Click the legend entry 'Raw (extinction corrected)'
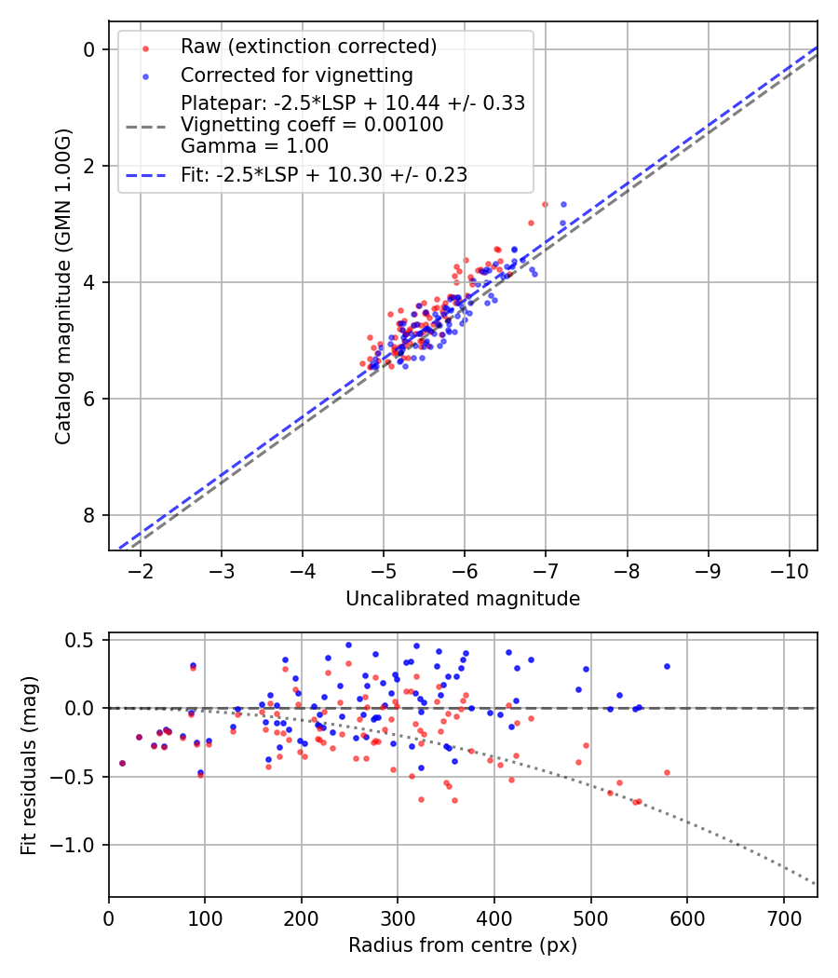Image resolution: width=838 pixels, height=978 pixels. coord(308,46)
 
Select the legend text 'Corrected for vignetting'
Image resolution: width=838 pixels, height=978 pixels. coord(296,75)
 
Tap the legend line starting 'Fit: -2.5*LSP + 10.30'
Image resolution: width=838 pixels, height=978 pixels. coord(324,174)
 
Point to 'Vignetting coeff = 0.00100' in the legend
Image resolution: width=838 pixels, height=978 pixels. coord(312,125)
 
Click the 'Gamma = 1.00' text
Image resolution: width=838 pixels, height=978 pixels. coord(254,145)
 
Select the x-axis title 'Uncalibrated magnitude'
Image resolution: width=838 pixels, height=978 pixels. coord(463,599)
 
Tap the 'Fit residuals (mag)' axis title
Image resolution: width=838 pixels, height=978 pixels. coord(29,765)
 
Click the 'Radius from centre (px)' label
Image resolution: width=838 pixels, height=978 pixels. coord(463,945)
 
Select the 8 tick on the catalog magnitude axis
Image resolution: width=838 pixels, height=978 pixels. coord(89,515)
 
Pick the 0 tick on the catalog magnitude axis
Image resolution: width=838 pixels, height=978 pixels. coord(89,49)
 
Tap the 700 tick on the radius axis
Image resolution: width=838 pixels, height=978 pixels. coord(783,917)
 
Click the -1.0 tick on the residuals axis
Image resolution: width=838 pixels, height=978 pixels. coord(80,845)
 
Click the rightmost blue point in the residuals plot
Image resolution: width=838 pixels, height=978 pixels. coord(667,666)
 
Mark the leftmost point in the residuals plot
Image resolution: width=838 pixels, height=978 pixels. coord(122,763)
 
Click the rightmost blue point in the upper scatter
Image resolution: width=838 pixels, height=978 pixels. coord(562,204)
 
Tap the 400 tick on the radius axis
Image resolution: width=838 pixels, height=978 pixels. coord(494,917)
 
